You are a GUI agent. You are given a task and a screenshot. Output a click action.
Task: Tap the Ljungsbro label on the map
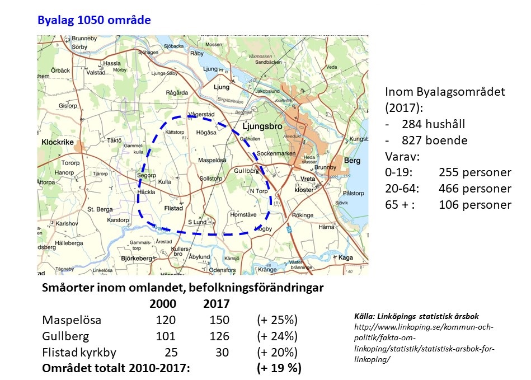264,126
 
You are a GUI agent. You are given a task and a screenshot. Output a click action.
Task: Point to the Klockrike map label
58,143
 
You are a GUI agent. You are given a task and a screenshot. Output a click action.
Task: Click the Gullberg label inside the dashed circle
246,171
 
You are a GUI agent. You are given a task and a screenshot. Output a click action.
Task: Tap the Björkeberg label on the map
137,259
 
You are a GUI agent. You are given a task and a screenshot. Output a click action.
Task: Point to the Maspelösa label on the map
213,161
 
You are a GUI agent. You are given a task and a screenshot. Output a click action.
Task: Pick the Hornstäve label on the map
243,214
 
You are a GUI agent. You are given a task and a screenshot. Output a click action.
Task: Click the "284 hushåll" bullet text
433,124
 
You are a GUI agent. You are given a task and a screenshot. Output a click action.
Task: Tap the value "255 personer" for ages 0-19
475,172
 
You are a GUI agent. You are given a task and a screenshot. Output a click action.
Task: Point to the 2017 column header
216,304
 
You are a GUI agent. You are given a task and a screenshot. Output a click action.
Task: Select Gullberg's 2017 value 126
218,336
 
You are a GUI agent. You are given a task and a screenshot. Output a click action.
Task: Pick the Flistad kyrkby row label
86,353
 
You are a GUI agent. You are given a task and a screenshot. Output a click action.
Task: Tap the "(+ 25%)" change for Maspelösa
276,320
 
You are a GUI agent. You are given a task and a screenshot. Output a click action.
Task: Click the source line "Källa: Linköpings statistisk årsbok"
417,316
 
